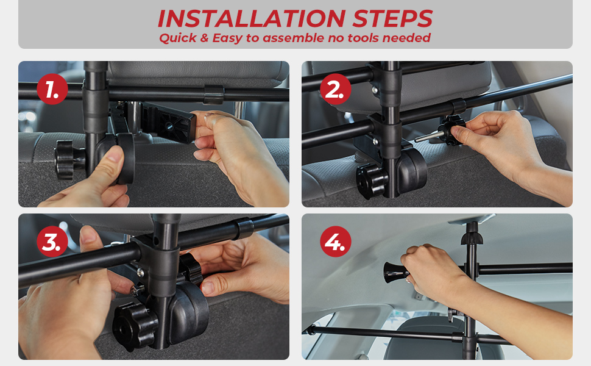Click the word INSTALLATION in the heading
(x=252, y=18)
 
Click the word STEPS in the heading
(x=392, y=18)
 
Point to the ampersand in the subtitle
(x=204, y=38)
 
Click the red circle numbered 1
(x=52, y=89)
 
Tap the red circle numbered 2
(x=336, y=89)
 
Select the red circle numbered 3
(x=52, y=242)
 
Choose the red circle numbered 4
(x=336, y=242)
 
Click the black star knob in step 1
(x=68, y=160)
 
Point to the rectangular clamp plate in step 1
(x=169, y=122)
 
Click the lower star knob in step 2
(x=372, y=181)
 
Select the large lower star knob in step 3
(x=135, y=326)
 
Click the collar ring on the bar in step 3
(x=244, y=228)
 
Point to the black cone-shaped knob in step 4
(x=394, y=273)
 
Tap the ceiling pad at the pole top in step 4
(x=472, y=218)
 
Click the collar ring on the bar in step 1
(x=214, y=95)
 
